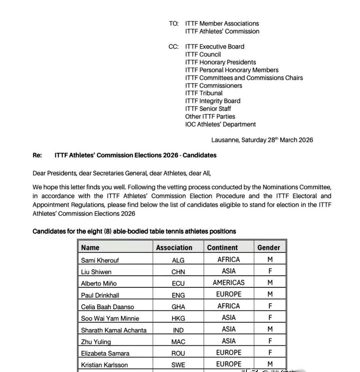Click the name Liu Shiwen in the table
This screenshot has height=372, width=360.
pyautogui.click(x=96, y=272)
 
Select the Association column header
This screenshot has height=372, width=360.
pyautogui.click(x=174, y=248)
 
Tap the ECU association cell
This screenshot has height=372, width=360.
pyautogui.click(x=178, y=283)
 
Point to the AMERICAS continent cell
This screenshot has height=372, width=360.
pyautogui.click(x=229, y=283)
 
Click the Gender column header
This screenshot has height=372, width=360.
pyautogui.click(x=269, y=248)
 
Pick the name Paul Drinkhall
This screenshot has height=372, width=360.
pyautogui.click(x=100, y=295)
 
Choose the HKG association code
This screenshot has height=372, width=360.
pyautogui.click(x=178, y=318)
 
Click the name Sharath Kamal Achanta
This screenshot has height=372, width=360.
pyautogui.click(x=114, y=330)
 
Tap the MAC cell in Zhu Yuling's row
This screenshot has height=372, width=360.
pyautogui.click(x=178, y=342)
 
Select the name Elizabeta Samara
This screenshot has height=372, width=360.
pyautogui.click(x=105, y=353)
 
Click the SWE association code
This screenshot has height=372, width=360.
pyautogui.click(x=178, y=365)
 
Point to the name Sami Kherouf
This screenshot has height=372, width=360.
pyautogui.click(x=100, y=260)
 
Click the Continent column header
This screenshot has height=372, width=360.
pyautogui.click(x=222, y=248)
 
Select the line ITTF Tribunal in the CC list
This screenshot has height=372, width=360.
pyautogui.click(x=204, y=93)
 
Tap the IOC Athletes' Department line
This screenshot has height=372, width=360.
pyautogui.click(x=220, y=124)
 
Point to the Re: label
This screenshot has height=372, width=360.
pyautogui.click(x=37, y=155)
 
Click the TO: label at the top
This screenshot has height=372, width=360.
pyautogui.click(x=174, y=24)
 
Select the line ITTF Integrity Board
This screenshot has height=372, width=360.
pyautogui.click(x=213, y=101)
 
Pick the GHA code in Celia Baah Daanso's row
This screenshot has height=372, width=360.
pyautogui.click(x=178, y=307)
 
